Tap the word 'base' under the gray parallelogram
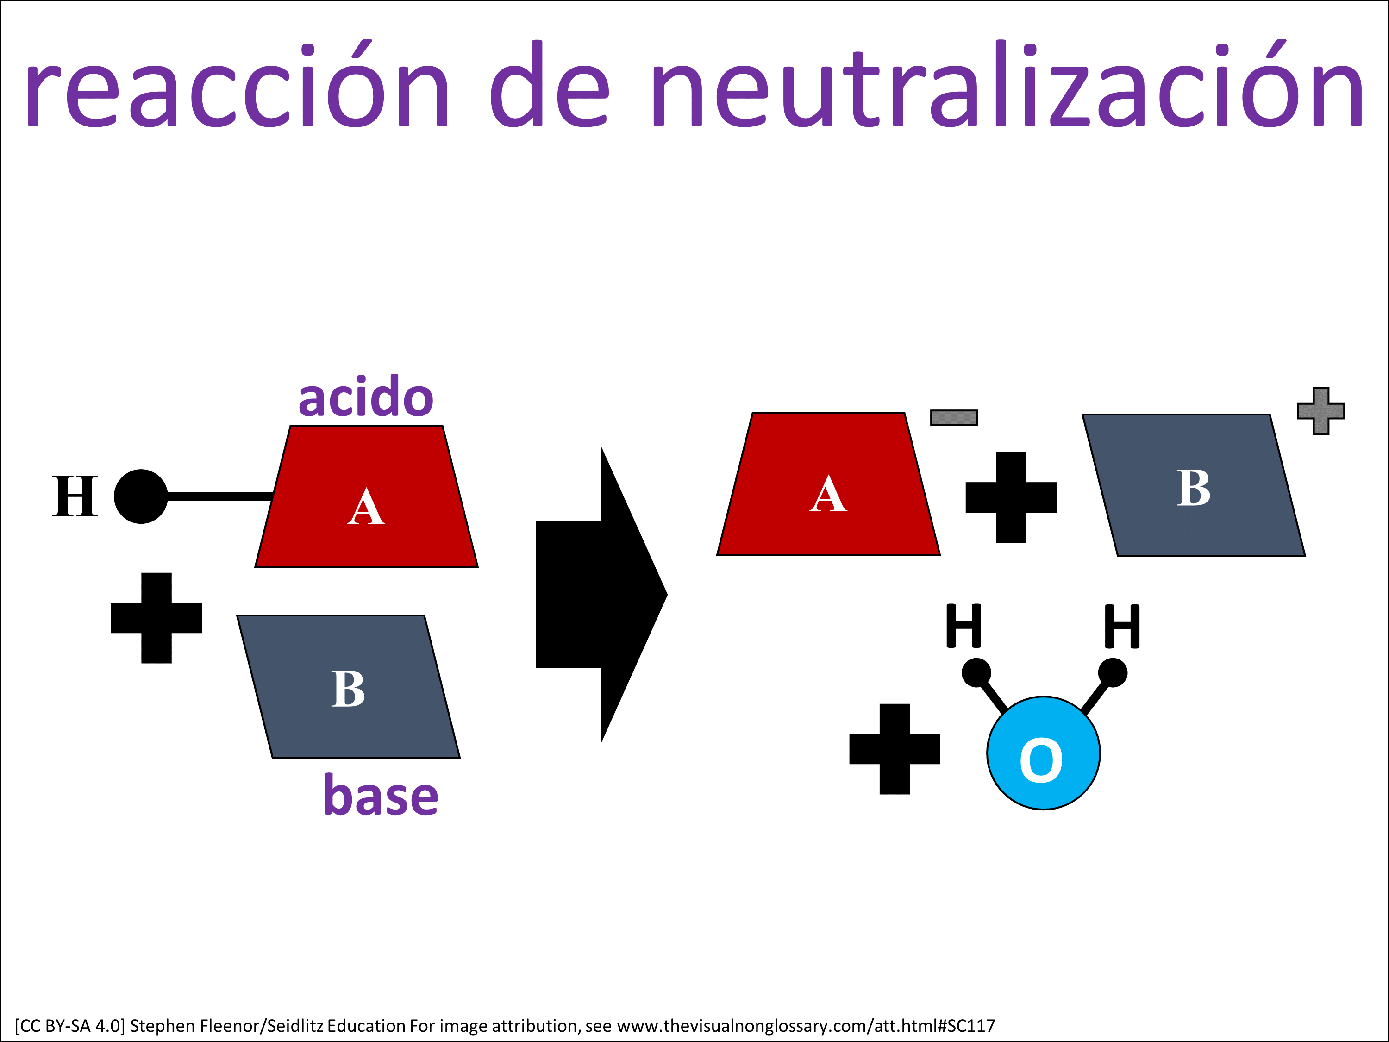coord(381,795)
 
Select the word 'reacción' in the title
coord(237,83)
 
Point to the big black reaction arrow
coord(601,594)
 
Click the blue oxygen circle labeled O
coord(1043,753)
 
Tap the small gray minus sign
coord(954,418)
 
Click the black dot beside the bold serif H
coord(141,496)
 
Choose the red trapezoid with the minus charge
coord(828,483)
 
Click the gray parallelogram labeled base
coord(348,686)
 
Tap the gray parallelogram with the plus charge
coord(1194,485)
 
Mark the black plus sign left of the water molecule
coord(894,749)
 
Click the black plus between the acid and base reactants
coord(156,618)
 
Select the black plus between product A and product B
coord(1011,497)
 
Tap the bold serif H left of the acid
coord(75,496)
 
